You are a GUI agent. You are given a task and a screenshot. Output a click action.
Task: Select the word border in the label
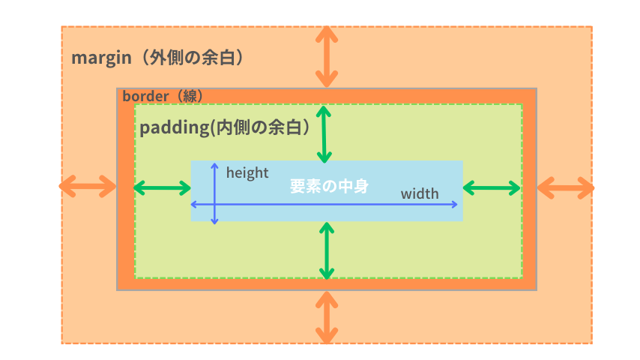click(x=145, y=96)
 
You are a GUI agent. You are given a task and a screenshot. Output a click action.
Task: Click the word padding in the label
click(x=172, y=127)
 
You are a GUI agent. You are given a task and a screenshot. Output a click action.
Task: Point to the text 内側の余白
click(x=259, y=127)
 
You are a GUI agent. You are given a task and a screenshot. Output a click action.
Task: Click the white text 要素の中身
click(x=329, y=186)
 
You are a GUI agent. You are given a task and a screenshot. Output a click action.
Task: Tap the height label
click(x=247, y=172)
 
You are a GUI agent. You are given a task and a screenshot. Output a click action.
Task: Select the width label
click(x=419, y=194)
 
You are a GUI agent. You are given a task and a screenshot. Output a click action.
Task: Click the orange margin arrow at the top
click(x=326, y=57)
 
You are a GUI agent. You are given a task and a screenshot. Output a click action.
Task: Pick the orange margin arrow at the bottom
click(x=326, y=317)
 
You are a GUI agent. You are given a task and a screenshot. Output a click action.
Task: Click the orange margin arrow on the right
click(x=566, y=187)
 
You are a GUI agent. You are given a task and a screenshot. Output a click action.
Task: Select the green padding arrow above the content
click(x=323, y=134)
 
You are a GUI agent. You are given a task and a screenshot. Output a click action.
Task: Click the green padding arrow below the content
click(x=326, y=250)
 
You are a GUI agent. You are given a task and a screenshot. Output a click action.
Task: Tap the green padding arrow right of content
click(x=492, y=188)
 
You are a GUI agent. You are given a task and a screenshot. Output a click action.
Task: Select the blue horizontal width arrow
click(x=337, y=204)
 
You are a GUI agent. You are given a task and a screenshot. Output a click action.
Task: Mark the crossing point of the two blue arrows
click(x=215, y=204)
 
